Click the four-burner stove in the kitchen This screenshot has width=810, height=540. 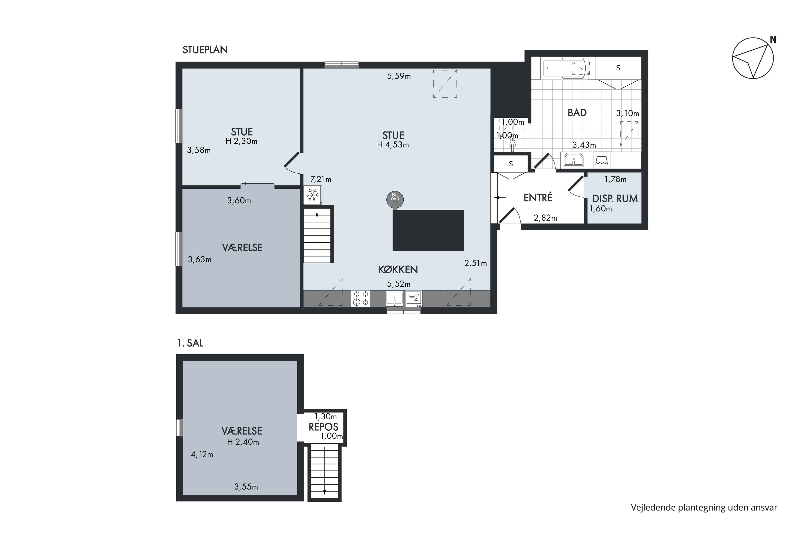[360, 299]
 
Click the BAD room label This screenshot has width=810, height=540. [577, 113]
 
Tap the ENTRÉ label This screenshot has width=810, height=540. [538, 197]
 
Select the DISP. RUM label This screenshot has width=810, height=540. [615, 198]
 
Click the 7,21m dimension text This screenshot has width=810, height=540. [321, 180]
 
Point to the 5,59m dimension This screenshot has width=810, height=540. [399, 76]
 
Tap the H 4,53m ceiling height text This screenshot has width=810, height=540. [393, 145]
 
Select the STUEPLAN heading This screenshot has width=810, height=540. [205, 50]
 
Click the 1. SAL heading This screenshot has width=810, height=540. [190, 343]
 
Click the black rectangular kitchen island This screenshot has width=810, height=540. [428, 230]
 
